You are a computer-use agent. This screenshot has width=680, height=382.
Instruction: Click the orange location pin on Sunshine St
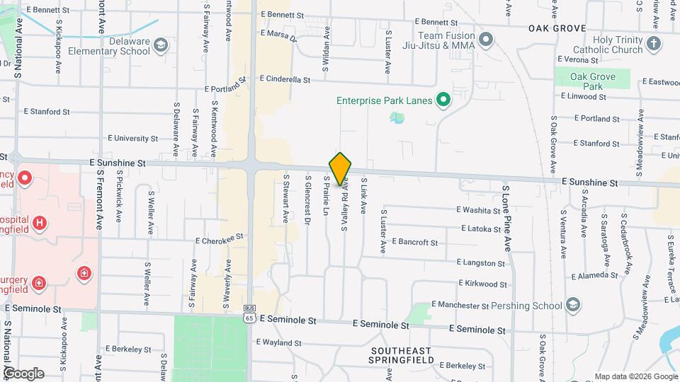(341, 168)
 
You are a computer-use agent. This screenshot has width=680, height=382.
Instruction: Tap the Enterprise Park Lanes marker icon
(443, 100)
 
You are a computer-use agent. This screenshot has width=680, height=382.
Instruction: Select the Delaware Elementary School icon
(161, 46)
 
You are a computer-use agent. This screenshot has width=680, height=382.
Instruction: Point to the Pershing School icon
(573, 305)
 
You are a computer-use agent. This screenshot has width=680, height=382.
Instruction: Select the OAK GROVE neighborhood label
(557, 28)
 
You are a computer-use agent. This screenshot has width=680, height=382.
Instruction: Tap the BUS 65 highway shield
(249, 313)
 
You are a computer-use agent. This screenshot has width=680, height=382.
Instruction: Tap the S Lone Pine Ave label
(506, 219)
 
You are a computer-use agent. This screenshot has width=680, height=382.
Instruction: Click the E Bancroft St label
(414, 242)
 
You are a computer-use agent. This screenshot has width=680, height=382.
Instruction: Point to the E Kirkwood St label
(482, 284)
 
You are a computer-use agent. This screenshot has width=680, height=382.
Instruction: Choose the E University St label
(132, 139)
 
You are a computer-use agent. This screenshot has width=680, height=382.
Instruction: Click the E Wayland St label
(278, 342)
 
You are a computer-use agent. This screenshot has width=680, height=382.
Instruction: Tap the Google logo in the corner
(23, 373)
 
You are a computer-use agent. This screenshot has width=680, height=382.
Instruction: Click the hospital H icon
(40, 223)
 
